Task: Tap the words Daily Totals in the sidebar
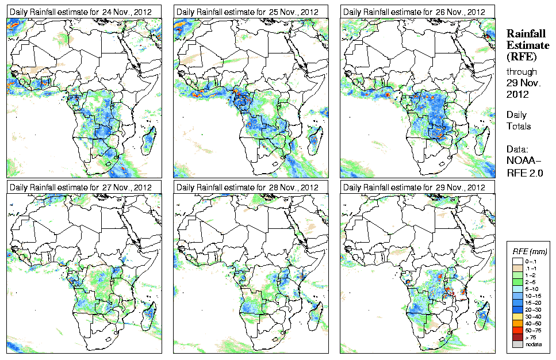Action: [519, 121]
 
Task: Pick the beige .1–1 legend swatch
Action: [517, 269]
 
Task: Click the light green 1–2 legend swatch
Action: [517, 276]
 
